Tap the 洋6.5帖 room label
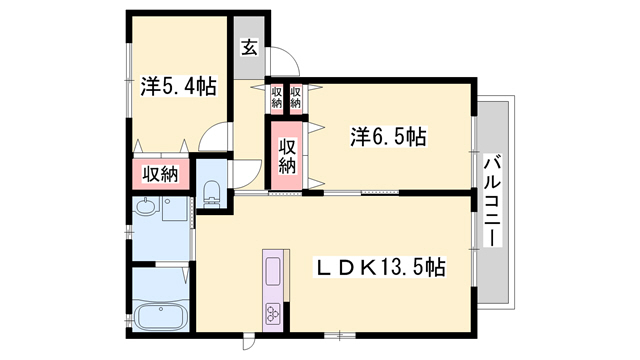tap(387, 136)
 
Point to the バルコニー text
tap(493, 201)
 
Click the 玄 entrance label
tap(247, 47)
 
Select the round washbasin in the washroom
tap(146, 211)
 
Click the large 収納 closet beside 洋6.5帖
tap(287, 152)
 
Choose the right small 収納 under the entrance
tap(296, 97)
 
